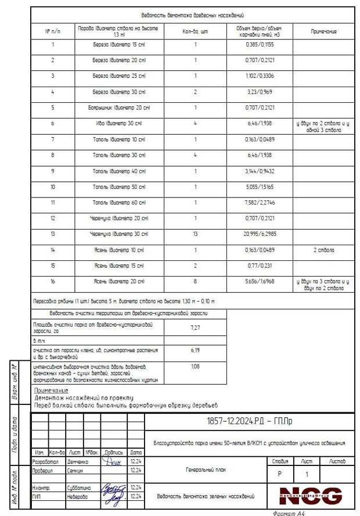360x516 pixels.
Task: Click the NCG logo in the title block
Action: click(x=311, y=496)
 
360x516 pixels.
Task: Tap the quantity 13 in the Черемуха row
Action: click(x=195, y=234)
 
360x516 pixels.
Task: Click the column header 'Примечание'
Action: click(x=323, y=31)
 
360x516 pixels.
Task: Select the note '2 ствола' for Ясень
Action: click(x=323, y=250)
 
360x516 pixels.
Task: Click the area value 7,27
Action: click(x=196, y=328)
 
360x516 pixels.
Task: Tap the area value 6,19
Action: click(x=196, y=351)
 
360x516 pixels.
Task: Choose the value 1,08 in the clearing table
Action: click(x=196, y=367)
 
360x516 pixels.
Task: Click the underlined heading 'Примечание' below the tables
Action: click(x=51, y=390)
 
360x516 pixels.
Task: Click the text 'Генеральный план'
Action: click(x=207, y=470)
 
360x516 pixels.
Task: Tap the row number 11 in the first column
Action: click(x=53, y=202)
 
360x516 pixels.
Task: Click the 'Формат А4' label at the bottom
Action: click(x=288, y=513)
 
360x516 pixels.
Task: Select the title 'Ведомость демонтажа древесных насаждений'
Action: click(x=192, y=15)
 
